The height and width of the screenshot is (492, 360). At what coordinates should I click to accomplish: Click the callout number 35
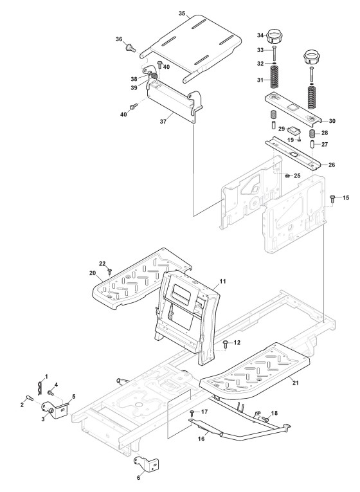[182, 14]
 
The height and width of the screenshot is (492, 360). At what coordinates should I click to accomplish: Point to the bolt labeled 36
[130, 48]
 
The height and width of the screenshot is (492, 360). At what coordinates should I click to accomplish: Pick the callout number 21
[295, 383]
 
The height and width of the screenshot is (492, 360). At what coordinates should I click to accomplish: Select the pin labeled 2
[30, 398]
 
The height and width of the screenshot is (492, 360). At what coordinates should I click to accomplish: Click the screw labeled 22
[109, 271]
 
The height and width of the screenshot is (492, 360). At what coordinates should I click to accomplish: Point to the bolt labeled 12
[226, 344]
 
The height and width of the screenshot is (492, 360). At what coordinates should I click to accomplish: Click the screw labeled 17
[192, 413]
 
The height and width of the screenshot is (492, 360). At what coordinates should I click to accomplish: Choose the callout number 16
[201, 439]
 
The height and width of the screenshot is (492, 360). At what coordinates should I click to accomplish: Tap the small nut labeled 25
[287, 176]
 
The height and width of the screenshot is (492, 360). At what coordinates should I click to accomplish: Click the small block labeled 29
[295, 129]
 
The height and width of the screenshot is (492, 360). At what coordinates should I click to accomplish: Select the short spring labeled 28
[312, 133]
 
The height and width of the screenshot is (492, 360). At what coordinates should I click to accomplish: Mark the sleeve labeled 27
[312, 145]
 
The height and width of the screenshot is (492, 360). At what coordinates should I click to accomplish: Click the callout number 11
[222, 282]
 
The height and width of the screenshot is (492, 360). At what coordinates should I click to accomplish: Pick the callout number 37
[163, 122]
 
